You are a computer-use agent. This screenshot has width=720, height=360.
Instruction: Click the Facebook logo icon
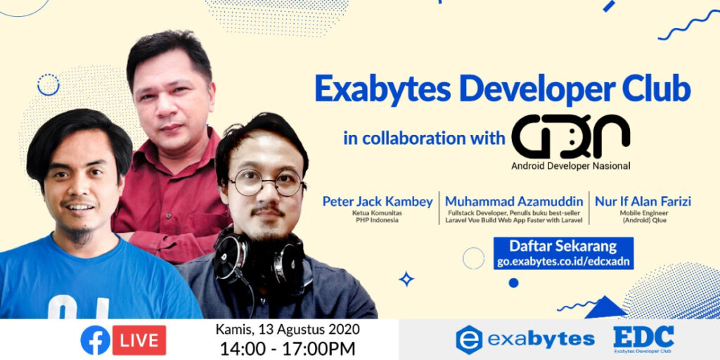95,340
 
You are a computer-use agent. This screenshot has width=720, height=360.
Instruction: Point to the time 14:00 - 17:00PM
288,348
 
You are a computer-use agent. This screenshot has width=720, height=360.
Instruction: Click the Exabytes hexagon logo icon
468,340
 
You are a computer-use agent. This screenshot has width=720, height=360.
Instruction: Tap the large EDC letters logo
643,335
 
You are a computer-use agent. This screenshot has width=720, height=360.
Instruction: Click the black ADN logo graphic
570,136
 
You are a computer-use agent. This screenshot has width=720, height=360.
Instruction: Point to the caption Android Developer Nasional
571,167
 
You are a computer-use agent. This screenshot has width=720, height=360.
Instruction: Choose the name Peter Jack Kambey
378,202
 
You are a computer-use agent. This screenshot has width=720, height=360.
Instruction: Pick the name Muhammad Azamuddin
514,202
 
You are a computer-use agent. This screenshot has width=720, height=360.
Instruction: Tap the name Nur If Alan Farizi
643,202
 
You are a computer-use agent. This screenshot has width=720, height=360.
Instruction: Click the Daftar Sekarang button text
562,247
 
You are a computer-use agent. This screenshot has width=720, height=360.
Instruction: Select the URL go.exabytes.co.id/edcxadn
562,262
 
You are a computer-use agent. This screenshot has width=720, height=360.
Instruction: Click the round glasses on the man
267,184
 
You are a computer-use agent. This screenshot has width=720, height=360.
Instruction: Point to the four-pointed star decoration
406,279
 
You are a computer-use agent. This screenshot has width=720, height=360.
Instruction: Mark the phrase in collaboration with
424,137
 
